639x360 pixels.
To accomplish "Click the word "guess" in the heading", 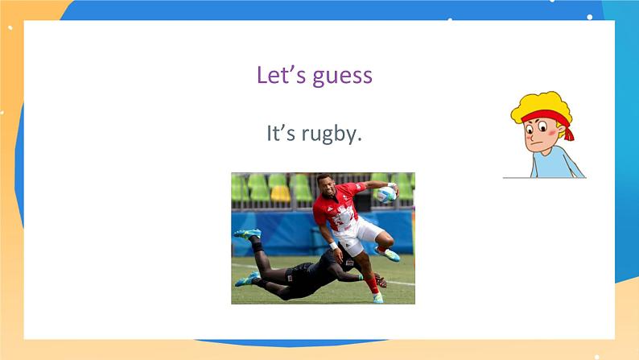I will pyautogui.click(x=343, y=77).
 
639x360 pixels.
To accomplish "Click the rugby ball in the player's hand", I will pyautogui.click(x=386, y=193).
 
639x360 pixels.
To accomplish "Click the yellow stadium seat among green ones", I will pyautogui.click(x=279, y=193).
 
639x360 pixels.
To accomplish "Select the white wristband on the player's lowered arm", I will pyautogui.click(x=332, y=245).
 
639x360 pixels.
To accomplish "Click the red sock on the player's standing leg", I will pyautogui.click(x=373, y=284).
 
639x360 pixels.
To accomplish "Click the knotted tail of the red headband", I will pyautogui.click(x=568, y=129).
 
